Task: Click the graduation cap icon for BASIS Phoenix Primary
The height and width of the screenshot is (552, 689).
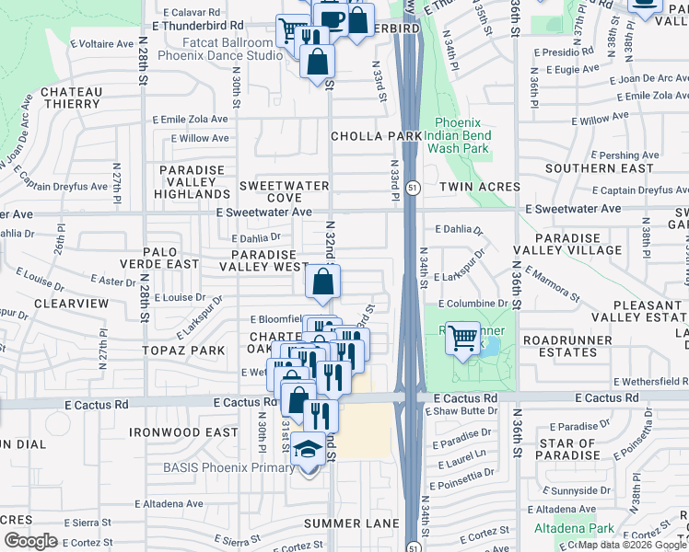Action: tap(309, 449)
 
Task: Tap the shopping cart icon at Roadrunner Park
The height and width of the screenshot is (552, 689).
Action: tap(462, 338)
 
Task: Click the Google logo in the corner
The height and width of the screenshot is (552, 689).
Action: tap(30, 541)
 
